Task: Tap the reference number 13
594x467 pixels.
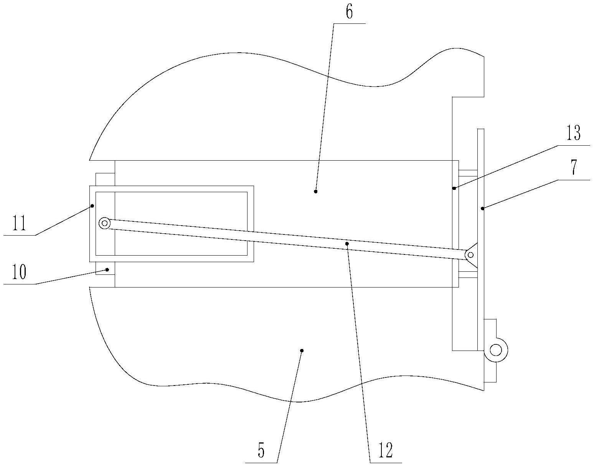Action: pos(573,134)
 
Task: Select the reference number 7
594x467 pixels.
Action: pos(573,168)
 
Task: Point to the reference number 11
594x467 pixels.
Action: pos(19,223)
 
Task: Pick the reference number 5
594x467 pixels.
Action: pos(261,451)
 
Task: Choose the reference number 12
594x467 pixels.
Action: pos(386,450)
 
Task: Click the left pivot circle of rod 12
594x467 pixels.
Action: pos(104,223)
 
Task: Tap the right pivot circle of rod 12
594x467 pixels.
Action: pos(470,254)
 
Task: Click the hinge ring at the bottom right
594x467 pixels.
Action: pos(496,350)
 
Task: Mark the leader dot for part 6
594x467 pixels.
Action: pos(315,191)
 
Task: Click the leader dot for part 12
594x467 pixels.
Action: pos(347,243)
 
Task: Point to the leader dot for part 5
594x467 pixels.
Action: pos(302,350)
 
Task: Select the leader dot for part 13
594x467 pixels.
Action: pos(454,188)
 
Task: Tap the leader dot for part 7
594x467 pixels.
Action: pos(482,208)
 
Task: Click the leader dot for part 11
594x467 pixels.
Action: pos(92,206)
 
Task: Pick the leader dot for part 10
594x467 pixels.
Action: pos(108,269)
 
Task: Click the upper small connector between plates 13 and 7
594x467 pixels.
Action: pos(468,173)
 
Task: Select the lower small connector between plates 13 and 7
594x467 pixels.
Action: pos(468,274)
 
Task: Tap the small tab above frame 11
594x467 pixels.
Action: pos(105,179)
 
